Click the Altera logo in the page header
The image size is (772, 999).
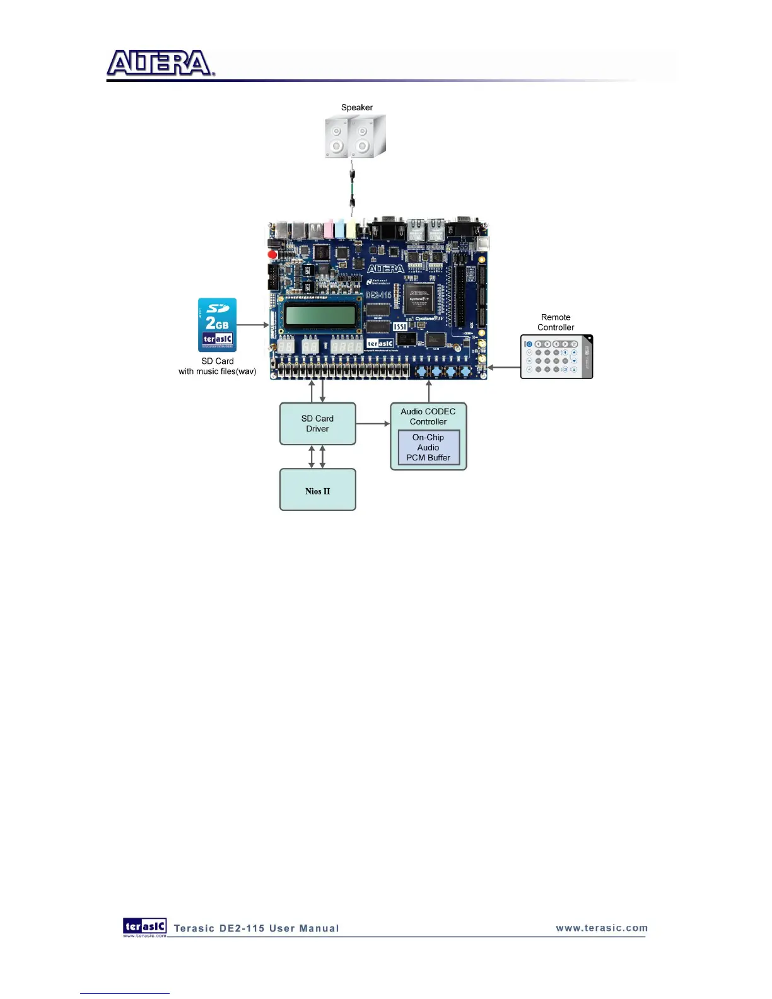tap(160, 64)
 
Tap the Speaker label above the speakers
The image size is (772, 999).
tap(356, 107)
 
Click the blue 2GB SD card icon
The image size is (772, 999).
tap(217, 325)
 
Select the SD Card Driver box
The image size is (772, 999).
tap(317, 424)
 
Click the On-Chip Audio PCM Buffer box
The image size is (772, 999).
tap(428, 448)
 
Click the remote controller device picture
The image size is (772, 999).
tap(556, 356)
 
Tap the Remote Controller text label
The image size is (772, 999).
tap(556, 322)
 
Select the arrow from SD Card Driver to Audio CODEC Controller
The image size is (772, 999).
tap(373, 424)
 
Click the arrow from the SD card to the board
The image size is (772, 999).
tap(253, 325)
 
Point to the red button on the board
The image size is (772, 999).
tap(272, 255)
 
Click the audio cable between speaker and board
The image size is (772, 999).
tap(353, 188)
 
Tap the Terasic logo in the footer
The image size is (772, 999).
tap(144, 926)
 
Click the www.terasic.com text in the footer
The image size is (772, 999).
tap(601, 928)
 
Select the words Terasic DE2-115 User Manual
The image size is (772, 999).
tap(256, 928)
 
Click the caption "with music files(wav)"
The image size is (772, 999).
tap(217, 371)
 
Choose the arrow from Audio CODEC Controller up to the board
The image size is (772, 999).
tap(429, 391)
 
